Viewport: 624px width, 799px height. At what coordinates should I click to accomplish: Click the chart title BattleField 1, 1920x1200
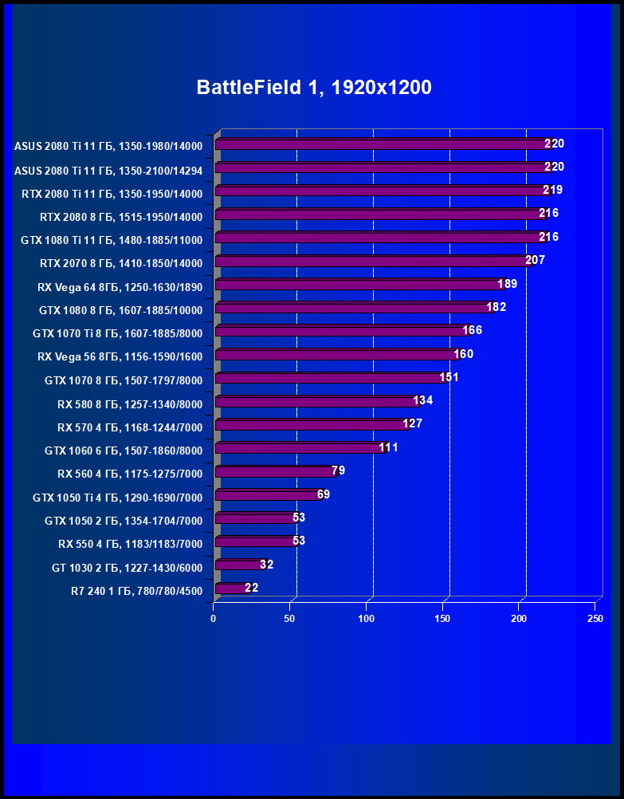(x=314, y=88)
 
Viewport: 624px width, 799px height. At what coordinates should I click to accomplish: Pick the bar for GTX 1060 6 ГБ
(x=299, y=449)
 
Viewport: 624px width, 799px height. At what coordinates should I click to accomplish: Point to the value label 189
(x=508, y=284)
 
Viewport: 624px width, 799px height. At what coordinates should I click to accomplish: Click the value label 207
(x=535, y=261)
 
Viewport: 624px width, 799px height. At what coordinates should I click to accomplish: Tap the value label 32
(x=266, y=565)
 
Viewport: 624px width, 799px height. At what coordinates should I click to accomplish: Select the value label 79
(x=338, y=471)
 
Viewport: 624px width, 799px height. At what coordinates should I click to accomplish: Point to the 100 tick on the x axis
(x=367, y=619)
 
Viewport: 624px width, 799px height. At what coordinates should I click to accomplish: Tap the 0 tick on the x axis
(x=214, y=619)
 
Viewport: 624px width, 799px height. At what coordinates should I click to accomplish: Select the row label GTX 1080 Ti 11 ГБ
(x=112, y=240)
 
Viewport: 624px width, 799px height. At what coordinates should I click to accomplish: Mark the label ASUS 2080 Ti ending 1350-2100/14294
(x=108, y=170)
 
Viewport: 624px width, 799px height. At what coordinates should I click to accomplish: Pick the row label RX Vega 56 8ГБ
(x=120, y=357)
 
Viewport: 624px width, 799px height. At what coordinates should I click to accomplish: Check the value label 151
(x=449, y=377)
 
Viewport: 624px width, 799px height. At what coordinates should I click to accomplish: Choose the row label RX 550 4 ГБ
(x=130, y=545)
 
